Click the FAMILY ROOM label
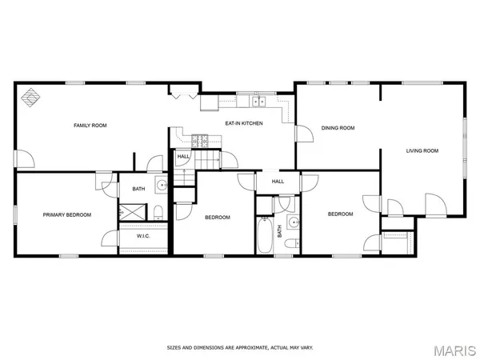click(90, 126)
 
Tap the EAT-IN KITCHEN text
click(243, 123)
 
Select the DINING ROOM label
click(338, 127)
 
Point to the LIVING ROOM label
click(422, 150)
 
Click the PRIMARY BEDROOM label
click(66, 214)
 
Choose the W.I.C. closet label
click(144, 236)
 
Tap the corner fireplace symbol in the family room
click(30, 97)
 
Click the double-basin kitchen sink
click(258, 102)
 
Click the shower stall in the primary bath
click(133, 212)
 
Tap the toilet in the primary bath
click(158, 212)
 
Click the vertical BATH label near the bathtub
click(279, 231)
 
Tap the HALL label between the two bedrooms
click(278, 182)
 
